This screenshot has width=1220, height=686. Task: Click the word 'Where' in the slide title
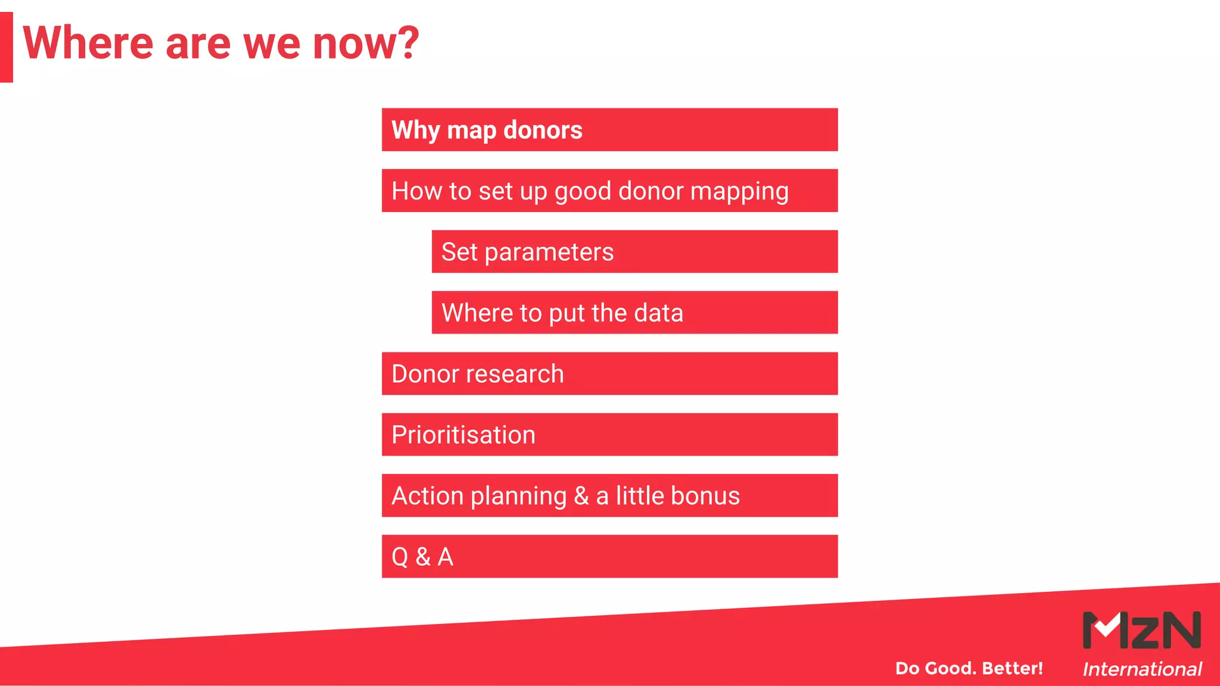pos(88,43)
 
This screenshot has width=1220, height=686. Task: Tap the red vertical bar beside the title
pos(6,47)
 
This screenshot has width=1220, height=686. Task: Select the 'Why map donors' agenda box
pos(609,130)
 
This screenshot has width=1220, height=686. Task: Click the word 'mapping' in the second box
pos(739,192)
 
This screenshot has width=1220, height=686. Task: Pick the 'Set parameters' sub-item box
pos(634,252)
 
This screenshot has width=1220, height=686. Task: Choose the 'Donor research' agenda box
pos(609,374)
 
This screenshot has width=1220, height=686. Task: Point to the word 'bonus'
pos(705,496)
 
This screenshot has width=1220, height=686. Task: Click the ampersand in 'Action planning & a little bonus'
pos(581,496)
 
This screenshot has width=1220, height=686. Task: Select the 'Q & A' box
pos(609,557)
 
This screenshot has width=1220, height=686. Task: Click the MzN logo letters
pos(1141,630)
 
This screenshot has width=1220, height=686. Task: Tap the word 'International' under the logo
pos(1142,669)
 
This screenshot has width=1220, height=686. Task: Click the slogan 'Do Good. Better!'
pos(969,668)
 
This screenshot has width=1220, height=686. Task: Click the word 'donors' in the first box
pos(543,130)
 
